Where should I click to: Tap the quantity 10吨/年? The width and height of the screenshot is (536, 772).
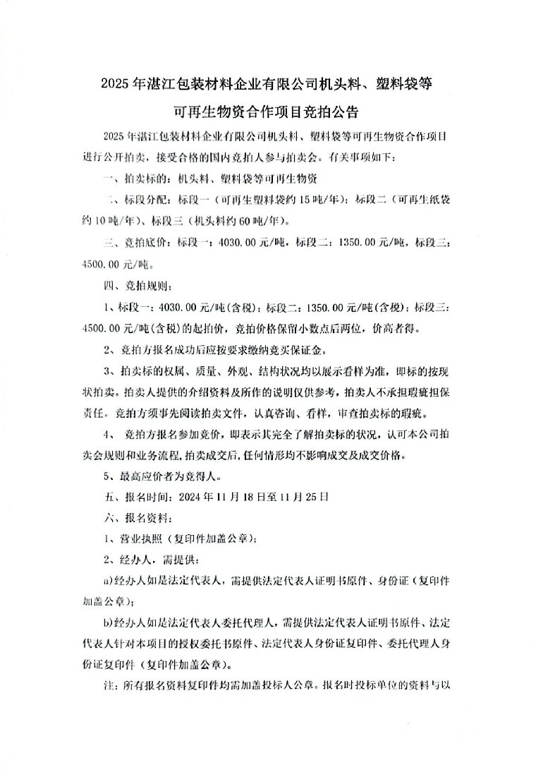110,220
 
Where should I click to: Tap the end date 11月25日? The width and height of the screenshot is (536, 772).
304,496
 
